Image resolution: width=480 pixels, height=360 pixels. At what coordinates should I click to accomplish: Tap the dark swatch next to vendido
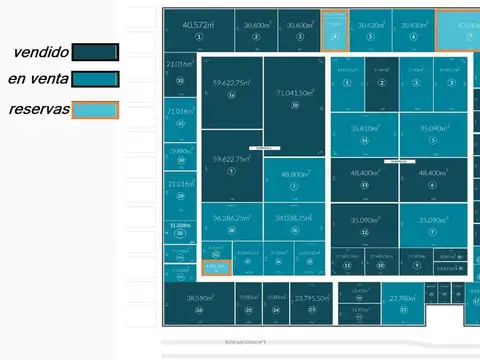tap(96, 51)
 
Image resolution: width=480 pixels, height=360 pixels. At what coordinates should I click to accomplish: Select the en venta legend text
tap(38, 80)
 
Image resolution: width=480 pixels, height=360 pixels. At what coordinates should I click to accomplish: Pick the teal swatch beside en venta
tap(96, 80)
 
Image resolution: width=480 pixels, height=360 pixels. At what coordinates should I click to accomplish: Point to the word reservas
tap(39, 109)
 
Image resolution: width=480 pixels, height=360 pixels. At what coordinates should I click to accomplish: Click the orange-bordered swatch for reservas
tap(96, 110)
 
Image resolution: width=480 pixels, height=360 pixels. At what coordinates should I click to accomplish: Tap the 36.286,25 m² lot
tap(231, 222)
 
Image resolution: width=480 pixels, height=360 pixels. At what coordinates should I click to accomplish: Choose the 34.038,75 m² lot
tap(294, 222)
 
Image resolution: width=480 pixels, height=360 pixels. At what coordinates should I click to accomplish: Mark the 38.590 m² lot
tap(200, 302)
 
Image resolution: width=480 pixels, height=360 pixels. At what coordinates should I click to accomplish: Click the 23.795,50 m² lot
tap(311, 302)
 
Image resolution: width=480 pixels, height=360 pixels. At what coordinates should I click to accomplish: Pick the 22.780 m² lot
tap(402, 302)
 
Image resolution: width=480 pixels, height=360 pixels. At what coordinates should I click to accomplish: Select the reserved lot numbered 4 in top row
tap(335, 30)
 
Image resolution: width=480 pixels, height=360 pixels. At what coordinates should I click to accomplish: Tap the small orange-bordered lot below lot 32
tap(216, 267)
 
